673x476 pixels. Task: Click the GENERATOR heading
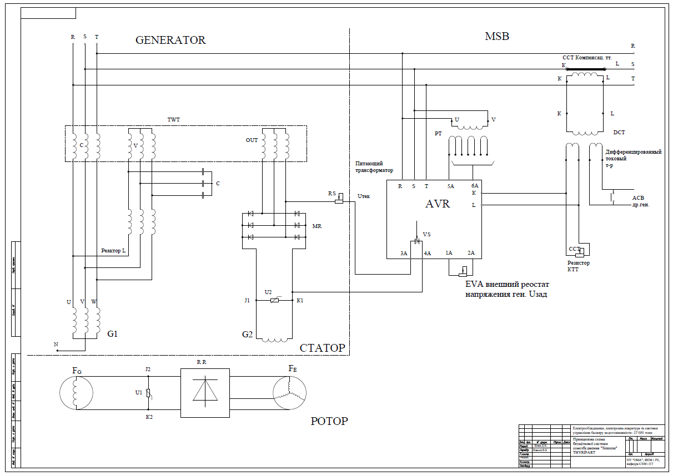(170, 40)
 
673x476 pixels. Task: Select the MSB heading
(496, 37)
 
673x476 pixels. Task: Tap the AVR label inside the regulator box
(438, 204)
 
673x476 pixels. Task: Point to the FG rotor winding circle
(77, 393)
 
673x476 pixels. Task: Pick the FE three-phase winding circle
(290, 393)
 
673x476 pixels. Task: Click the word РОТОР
(329, 421)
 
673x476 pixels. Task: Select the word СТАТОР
(322, 348)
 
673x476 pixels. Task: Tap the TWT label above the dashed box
(174, 119)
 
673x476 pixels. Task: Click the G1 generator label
(113, 334)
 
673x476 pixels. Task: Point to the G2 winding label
(247, 335)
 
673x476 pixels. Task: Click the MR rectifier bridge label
(317, 226)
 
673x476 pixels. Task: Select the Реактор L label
(113, 251)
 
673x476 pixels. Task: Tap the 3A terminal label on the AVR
(404, 253)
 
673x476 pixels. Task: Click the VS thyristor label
(426, 235)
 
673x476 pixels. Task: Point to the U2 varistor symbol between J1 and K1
(274, 300)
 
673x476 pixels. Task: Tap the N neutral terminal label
(56, 345)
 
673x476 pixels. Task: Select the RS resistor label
(332, 193)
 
